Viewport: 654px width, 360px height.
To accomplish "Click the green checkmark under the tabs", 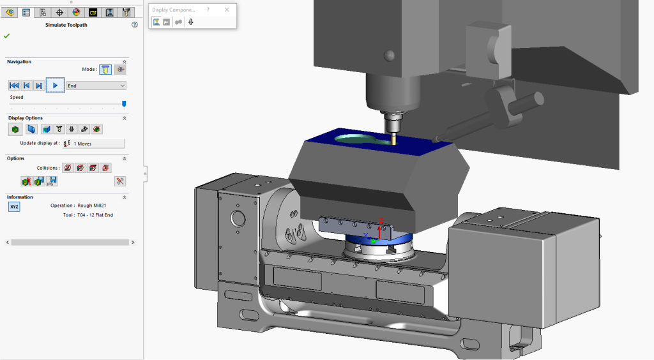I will pos(6,36).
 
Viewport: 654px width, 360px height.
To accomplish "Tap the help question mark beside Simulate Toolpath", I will pos(135,25).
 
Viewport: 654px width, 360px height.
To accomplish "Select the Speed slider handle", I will pos(124,103).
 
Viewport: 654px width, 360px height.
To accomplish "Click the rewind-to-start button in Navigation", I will pos(14,86).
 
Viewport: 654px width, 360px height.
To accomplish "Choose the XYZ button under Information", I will pos(14,207).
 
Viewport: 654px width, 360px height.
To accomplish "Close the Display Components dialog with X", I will pos(227,10).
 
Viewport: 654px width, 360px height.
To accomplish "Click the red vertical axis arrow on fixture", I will pos(381,227).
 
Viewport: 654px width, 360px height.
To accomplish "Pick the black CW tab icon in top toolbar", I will pos(93,12).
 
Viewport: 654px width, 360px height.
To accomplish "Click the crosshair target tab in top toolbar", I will pos(59,12).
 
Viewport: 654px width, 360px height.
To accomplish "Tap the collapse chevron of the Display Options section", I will pos(125,118).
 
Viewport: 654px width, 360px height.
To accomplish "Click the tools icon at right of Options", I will pos(119,181).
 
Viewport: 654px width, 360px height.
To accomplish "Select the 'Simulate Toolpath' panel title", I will pos(66,25).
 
